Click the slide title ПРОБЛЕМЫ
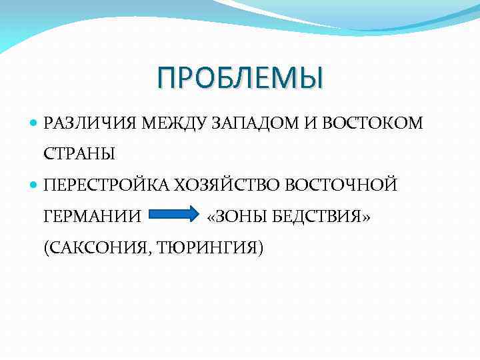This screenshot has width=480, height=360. pos(240,77)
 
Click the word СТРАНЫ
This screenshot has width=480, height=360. pos(79,154)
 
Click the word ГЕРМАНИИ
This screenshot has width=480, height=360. pos(92,216)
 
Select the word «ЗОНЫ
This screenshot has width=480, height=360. pos(235,216)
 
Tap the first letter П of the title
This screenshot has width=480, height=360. pos(167,77)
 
